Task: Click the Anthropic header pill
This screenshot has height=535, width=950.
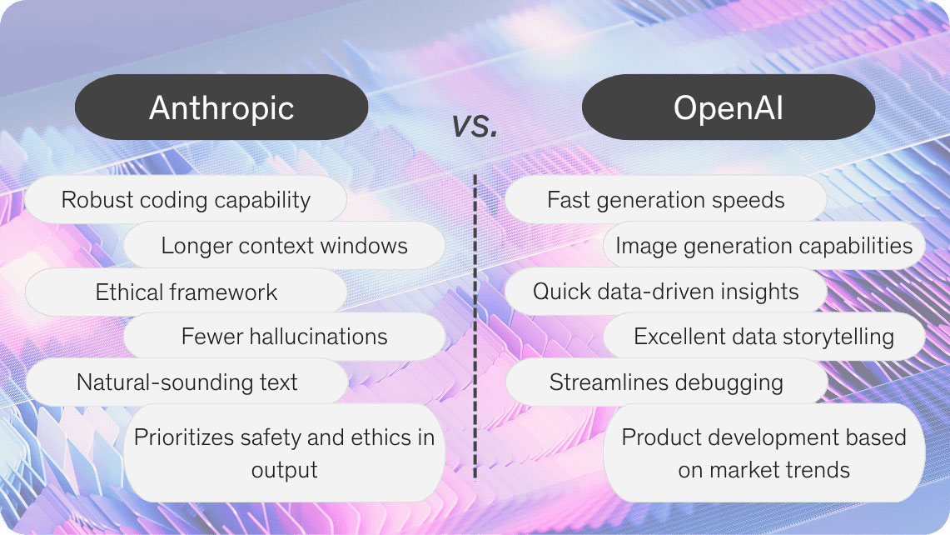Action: (x=221, y=108)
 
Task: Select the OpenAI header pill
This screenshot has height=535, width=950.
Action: (x=728, y=108)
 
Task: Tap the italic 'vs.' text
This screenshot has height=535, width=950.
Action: (x=475, y=125)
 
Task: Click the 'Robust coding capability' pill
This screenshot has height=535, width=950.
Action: (x=186, y=200)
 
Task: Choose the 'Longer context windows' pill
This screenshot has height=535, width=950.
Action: (x=284, y=246)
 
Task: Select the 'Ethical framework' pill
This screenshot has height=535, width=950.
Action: (x=186, y=292)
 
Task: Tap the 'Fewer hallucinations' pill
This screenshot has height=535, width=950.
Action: (x=284, y=337)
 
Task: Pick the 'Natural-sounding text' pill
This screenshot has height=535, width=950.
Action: (x=187, y=382)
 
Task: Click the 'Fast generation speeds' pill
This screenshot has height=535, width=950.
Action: (x=665, y=200)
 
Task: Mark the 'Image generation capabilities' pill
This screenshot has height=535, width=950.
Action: (x=763, y=246)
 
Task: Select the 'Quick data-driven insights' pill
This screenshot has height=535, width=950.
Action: (x=665, y=292)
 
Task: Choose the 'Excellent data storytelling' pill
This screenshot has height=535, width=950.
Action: (x=763, y=337)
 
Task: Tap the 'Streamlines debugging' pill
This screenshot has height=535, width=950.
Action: (x=666, y=382)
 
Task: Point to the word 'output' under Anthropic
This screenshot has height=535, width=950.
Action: (x=284, y=470)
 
